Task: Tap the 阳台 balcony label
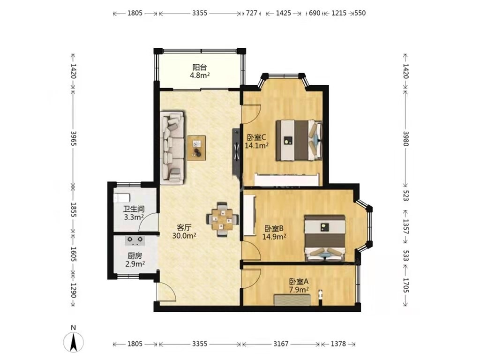pos(200,67)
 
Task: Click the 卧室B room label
pos(274,228)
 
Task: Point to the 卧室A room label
pos(299,281)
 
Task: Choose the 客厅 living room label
pos(184,228)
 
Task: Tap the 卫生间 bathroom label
pos(134,210)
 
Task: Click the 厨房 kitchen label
pos(135,255)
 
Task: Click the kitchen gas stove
pos(135,240)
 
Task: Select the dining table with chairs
pos(223,219)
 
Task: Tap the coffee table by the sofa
pos(196,148)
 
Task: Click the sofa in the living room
pos(172,148)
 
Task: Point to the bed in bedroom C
pos(300,140)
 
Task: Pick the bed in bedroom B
pos(325,238)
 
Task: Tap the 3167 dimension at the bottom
pos(281,344)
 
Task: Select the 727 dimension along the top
pos(252,13)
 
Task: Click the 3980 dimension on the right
pos(405,139)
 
